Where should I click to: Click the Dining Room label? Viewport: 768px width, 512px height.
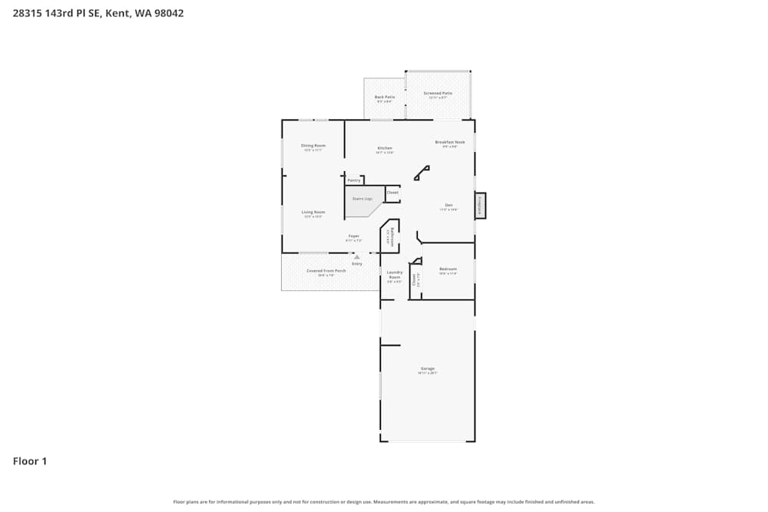[313, 146]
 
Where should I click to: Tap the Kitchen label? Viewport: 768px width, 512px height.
[385, 148]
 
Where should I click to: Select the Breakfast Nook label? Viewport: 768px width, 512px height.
[450, 142]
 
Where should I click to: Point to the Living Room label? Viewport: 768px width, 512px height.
[313, 212]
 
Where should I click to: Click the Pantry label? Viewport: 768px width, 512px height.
[354, 180]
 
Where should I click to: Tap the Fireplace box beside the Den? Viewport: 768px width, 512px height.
[481, 205]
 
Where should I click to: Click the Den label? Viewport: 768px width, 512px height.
[449, 205]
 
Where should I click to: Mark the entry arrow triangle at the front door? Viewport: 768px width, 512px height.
[356, 257]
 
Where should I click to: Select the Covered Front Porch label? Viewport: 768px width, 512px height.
[326, 271]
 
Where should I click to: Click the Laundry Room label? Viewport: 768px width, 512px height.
[395, 274]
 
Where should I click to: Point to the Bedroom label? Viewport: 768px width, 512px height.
[448, 269]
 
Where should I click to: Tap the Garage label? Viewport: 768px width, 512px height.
[428, 368]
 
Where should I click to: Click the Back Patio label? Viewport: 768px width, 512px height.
[384, 97]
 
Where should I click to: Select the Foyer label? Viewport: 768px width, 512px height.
[354, 236]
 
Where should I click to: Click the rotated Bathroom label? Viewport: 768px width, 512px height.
[392, 235]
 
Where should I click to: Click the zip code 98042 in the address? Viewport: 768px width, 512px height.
[168, 13]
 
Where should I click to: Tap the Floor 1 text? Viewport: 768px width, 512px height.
[30, 461]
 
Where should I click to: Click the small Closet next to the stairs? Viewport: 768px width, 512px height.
[392, 193]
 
